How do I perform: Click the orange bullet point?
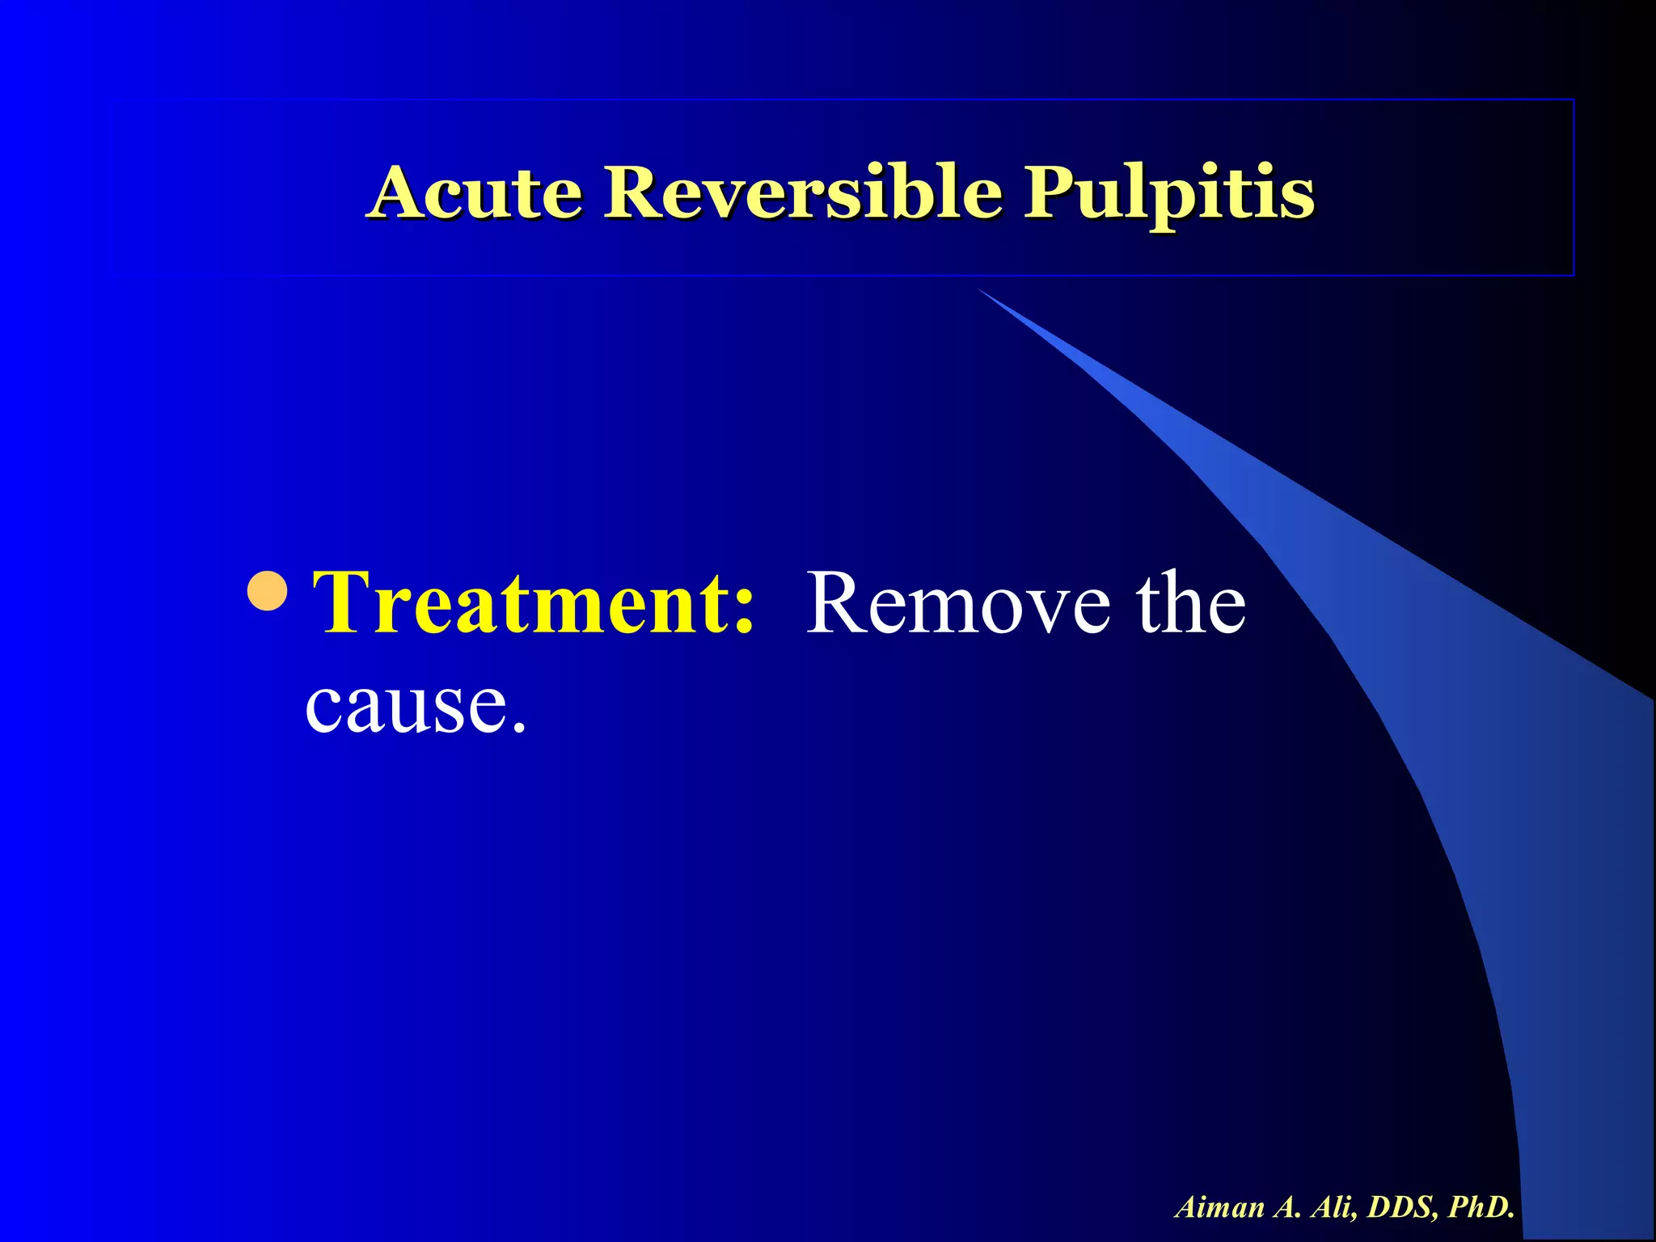267,591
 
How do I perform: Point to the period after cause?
518,727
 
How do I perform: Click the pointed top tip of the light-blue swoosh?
980,290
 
